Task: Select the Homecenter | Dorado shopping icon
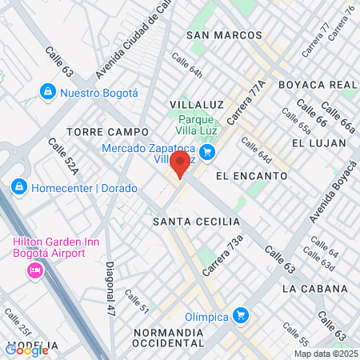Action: pos(18,187)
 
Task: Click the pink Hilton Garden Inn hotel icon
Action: pos(35,271)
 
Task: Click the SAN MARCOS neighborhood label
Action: pos(224,35)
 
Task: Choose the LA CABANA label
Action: pos(315,288)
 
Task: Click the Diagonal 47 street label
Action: pos(110,285)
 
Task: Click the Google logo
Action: pos(26,350)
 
